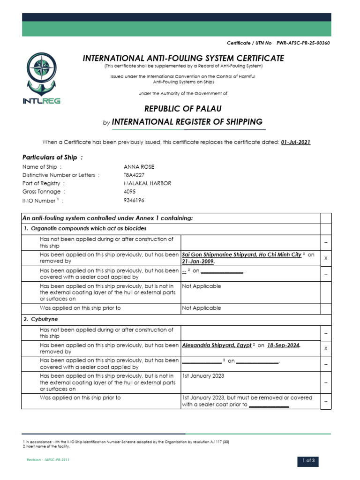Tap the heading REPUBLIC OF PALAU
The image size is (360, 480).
point(183,109)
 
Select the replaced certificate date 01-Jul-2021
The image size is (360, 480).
point(295,142)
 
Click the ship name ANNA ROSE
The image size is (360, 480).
point(138,167)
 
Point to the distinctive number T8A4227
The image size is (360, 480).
point(135,175)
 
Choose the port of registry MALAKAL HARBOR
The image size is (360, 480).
point(147,183)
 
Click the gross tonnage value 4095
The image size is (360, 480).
point(130,192)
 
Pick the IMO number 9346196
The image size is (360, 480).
point(134,200)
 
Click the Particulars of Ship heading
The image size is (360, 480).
point(52,157)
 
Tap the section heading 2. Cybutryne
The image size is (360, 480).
point(45,320)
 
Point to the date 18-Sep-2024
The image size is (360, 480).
point(283,345)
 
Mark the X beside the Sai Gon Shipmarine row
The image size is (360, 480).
point(325,258)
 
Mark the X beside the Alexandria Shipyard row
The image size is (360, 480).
point(325,349)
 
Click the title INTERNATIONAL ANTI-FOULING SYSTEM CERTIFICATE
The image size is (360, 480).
point(183,58)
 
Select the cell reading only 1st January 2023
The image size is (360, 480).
point(203,376)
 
